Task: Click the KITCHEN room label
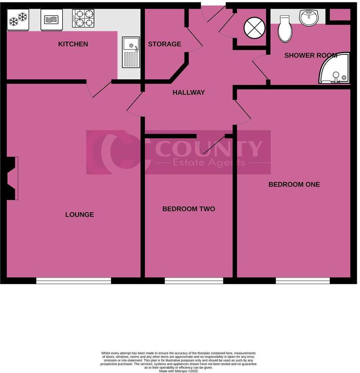[x=73, y=44]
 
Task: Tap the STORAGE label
[x=164, y=44]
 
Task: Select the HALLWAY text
[x=189, y=93]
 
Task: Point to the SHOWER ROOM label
[x=310, y=56]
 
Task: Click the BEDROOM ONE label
[x=294, y=185]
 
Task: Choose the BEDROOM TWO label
[x=189, y=209]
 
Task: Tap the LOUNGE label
[x=79, y=215]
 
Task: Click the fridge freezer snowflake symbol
[x=18, y=19]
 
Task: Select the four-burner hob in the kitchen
[x=83, y=18]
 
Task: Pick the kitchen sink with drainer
[x=131, y=52]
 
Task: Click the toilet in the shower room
[x=285, y=29]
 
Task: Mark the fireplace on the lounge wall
[x=12, y=179]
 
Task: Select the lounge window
[x=74, y=281]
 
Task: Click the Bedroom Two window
[x=194, y=281]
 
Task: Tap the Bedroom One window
[x=302, y=281]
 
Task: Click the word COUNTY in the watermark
[x=209, y=149]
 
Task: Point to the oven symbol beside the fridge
[x=52, y=20]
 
